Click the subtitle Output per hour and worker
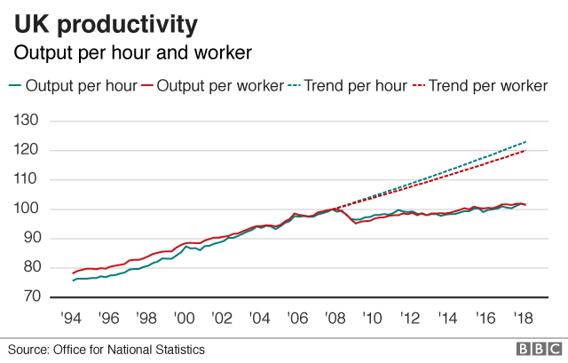(x=132, y=53)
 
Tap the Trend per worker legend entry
(x=487, y=86)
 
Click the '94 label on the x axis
(x=72, y=317)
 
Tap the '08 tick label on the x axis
(x=334, y=317)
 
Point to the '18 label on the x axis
(x=521, y=317)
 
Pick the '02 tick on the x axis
(x=222, y=317)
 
